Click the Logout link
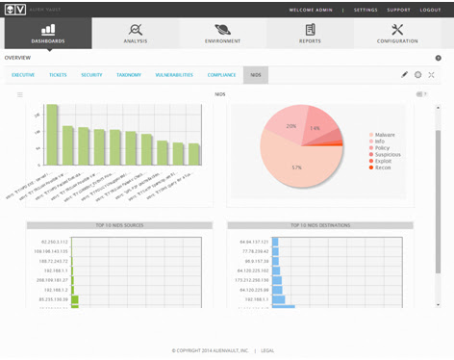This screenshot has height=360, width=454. coord(430,10)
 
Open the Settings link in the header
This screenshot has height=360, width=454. coord(366,10)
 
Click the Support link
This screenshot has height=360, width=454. coord(398,10)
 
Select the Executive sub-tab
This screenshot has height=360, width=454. coord(23,74)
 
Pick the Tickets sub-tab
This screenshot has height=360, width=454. coord(58,74)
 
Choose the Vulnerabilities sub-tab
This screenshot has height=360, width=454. coord(173,74)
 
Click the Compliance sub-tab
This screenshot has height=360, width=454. coord(222,74)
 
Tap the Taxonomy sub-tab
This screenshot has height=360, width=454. coord(128,74)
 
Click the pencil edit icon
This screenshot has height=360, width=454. coord(404,74)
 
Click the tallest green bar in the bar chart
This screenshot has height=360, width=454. coord(53,134)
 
